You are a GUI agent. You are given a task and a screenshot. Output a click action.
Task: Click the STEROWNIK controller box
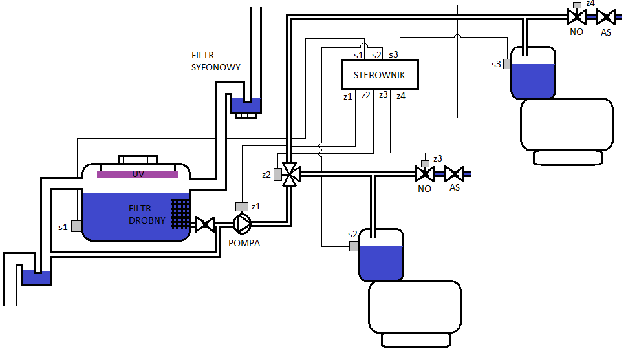pos(380,74)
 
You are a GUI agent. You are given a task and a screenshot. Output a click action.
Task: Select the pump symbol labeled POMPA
pos(242,224)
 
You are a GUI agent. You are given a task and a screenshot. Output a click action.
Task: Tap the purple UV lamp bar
pos(137,174)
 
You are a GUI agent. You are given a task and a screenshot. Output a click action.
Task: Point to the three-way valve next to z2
pos(290,175)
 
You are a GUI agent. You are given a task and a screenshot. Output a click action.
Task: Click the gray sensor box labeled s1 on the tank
pos(76,226)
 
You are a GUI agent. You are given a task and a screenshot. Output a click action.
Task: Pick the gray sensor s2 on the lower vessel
pos(354,246)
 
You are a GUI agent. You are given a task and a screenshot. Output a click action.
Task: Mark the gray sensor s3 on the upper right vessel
pos(507,64)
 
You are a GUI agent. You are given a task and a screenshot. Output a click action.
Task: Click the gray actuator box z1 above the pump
pos(242,206)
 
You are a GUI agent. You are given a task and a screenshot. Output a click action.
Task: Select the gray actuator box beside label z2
pos(277,175)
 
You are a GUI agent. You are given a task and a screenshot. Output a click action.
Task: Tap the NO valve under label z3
pos(424,175)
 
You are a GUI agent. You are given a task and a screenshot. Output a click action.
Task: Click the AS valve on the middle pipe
pos(455,175)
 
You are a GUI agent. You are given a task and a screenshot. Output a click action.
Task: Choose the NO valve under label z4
pos(576,17)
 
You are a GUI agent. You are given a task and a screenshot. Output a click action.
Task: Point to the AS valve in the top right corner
pos(605,17)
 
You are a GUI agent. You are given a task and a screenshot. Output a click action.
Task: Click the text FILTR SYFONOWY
pos(215,61)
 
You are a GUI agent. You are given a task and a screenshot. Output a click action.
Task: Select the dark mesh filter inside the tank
pos(180,214)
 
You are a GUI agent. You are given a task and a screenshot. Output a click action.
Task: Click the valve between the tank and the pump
pos(204,224)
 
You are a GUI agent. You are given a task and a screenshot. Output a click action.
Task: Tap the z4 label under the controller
pos(401,96)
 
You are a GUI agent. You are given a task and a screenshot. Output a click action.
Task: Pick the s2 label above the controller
pos(376,55)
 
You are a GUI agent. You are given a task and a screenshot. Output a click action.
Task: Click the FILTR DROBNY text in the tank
pos(147,214)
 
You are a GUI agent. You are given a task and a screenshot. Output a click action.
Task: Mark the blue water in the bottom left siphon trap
pos(36,278)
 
